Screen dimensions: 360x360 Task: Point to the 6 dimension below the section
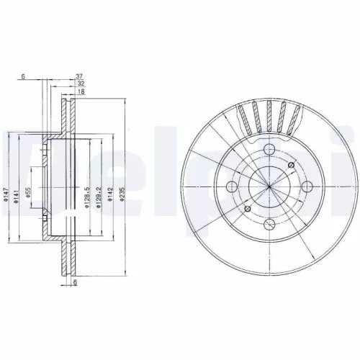76,284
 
